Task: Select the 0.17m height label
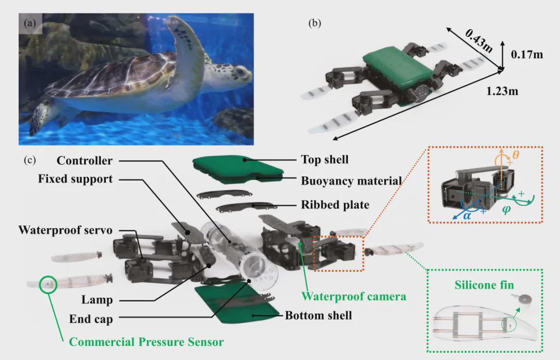[x=527, y=53]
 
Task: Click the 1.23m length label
[x=502, y=91]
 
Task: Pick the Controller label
[x=85, y=161]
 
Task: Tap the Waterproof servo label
[x=65, y=229]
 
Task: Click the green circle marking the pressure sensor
[x=48, y=284]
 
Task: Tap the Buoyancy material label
[x=352, y=181]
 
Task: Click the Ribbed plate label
[x=335, y=205]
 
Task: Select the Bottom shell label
[x=318, y=315]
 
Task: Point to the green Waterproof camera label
[x=354, y=296]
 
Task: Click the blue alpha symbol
[x=467, y=214]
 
